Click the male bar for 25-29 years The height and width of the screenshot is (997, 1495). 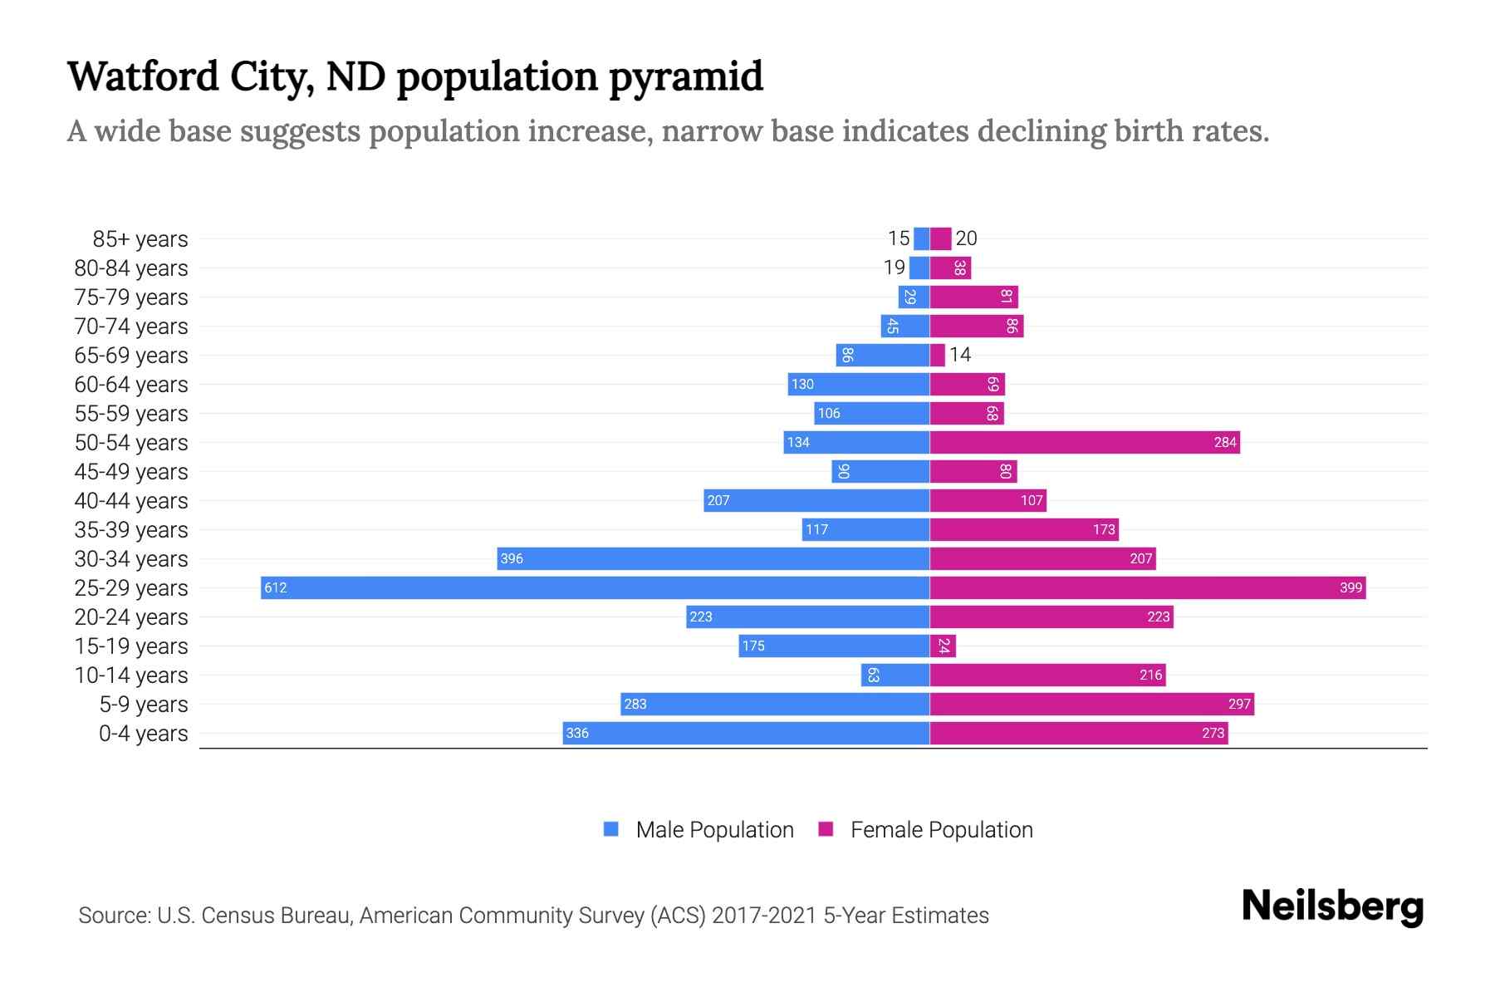pos(595,588)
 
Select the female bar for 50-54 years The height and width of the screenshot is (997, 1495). pos(1084,443)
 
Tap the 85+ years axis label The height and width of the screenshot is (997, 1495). pos(140,239)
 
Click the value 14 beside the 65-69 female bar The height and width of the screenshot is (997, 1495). pos(960,356)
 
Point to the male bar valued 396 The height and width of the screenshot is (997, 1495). pos(713,559)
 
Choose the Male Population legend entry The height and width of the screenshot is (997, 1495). pos(698,830)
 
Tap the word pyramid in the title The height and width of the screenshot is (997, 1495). pos(686,76)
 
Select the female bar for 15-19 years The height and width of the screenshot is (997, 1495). pos(943,646)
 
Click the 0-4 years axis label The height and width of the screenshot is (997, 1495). pos(144,734)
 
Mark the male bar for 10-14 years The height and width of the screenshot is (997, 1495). pos(895,675)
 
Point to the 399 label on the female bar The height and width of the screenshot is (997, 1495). pos(1350,588)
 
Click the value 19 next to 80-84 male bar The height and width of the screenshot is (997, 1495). pos(895,268)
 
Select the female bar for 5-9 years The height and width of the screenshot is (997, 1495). pos(1091,705)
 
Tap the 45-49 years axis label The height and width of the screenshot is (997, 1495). pos(131,472)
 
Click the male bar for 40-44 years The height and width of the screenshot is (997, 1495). pos(816,501)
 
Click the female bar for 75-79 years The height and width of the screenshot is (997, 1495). pos(973,297)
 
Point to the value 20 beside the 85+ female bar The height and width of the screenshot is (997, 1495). pos(966,239)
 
